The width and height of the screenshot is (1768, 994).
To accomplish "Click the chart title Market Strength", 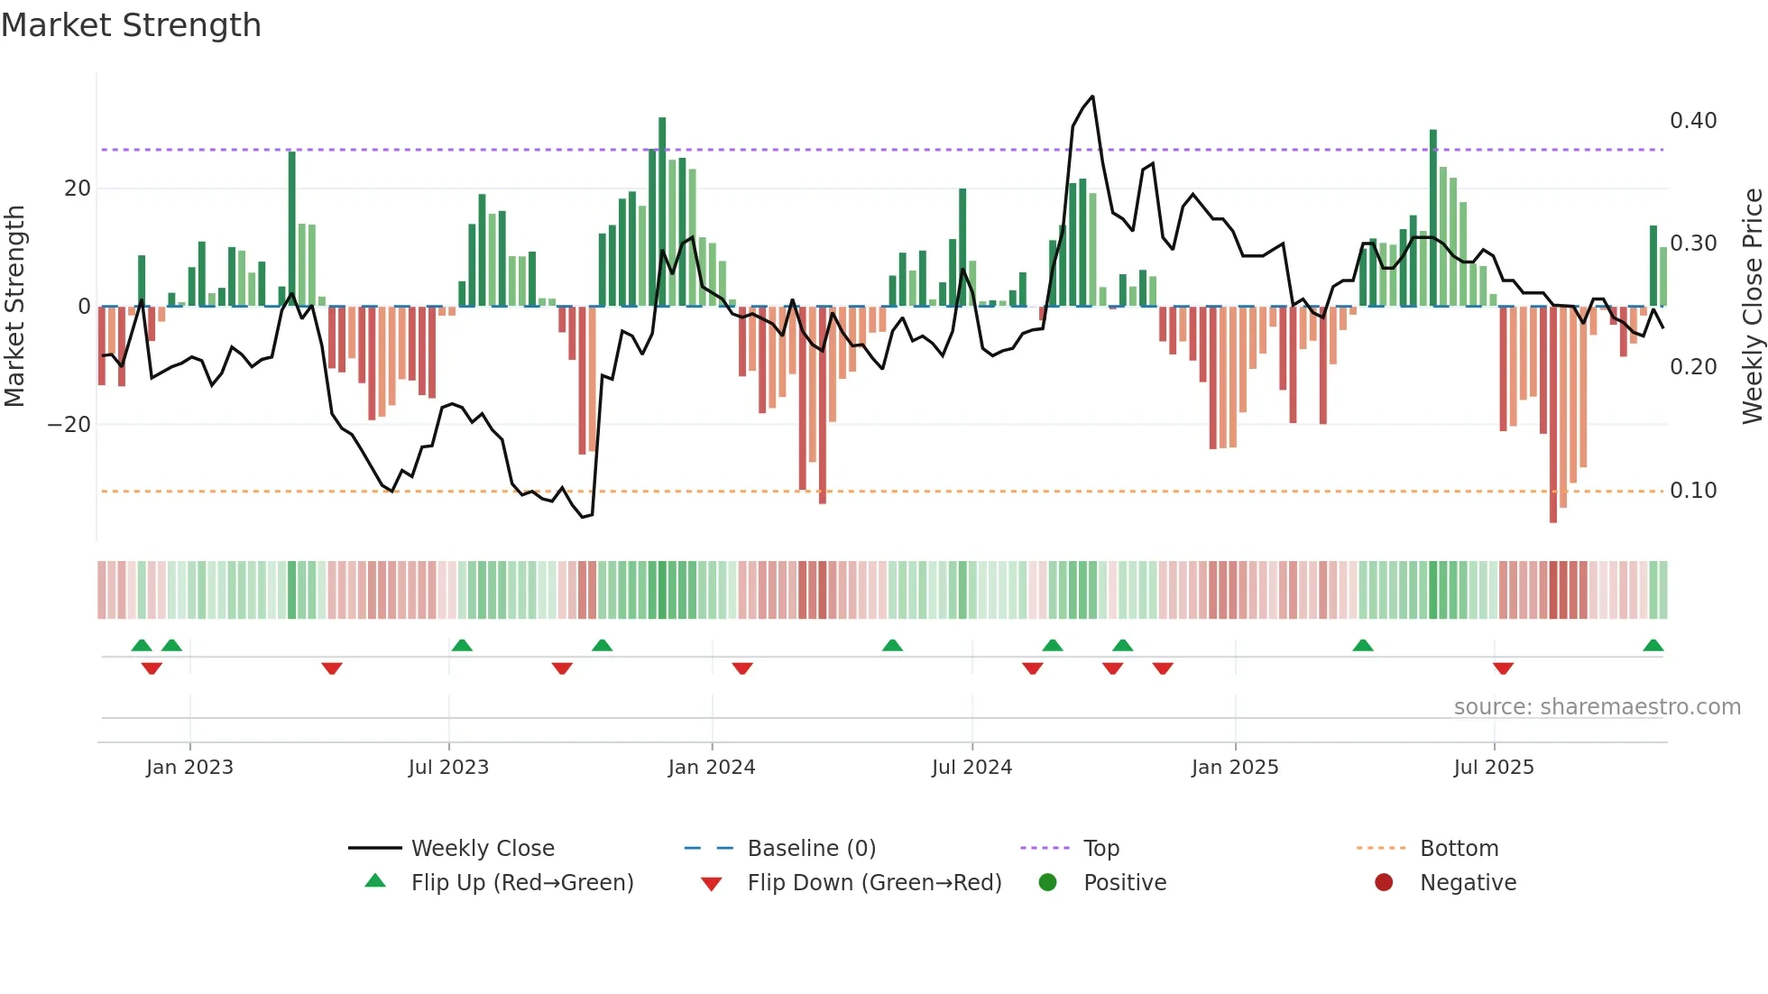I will (x=132, y=25).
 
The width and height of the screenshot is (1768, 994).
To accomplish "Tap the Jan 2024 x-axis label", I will (x=712, y=768).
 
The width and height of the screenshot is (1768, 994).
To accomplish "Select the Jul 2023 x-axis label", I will (x=448, y=768).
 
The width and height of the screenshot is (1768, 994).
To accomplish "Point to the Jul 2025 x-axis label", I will (x=1494, y=768).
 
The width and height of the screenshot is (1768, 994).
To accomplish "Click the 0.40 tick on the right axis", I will (x=1693, y=121).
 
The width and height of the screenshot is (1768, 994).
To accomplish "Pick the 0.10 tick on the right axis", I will (x=1693, y=491).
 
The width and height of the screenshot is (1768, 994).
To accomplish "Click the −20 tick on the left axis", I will (x=69, y=425).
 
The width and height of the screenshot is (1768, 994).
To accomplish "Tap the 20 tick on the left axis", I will (x=78, y=189).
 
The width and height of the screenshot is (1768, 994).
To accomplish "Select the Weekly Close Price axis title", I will (x=1752, y=307).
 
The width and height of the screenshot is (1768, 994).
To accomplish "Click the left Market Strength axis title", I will (x=14, y=307).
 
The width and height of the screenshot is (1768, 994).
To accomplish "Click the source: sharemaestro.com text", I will (x=1597, y=707).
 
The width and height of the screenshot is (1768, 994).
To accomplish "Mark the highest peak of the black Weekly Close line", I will (x=1092, y=97).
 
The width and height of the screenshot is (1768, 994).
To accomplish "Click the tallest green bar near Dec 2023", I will (x=662, y=211).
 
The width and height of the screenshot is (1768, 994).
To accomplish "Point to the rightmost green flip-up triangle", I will (x=1653, y=646).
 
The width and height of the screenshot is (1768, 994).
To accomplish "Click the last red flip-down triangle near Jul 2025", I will (x=1503, y=668).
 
